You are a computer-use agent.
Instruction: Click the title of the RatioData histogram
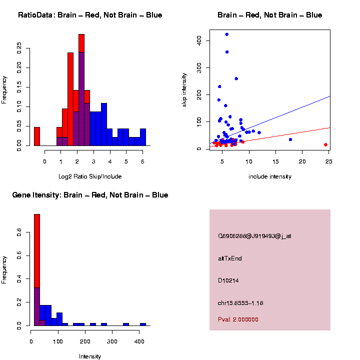[90, 15]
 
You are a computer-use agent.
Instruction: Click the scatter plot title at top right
[269, 15]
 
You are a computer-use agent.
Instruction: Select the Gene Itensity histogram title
[90, 195]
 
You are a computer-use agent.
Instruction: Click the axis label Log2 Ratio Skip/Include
[90, 176]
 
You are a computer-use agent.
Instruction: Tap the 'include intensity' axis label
[269, 176]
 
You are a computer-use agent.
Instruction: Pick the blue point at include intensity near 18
[290, 139]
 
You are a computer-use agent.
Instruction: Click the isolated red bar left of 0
[37, 136]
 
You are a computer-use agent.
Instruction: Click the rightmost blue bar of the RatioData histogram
[143, 137]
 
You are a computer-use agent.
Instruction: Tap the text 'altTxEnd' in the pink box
[230, 258]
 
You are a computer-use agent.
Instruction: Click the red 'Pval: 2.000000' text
[238, 319]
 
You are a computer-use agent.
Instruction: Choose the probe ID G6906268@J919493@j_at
[254, 236]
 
